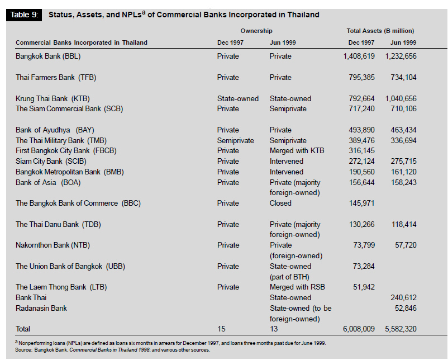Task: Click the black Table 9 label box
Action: (24, 15)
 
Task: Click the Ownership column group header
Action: (256, 31)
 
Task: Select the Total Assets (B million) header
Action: (380, 31)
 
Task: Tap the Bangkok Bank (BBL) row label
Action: (48, 56)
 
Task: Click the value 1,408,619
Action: (359, 56)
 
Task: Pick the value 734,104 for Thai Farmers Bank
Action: (403, 78)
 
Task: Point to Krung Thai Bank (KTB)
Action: (53, 99)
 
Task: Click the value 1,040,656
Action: (401, 98)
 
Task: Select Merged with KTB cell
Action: (297, 151)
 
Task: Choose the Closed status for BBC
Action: (280, 203)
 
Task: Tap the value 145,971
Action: (362, 203)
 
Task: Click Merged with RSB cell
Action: (297, 287)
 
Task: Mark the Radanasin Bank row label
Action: (41, 308)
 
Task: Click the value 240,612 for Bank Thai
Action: (403, 297)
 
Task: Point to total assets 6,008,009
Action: (359, 329)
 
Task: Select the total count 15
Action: (221, 329)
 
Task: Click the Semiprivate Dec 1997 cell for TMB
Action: (235, 141)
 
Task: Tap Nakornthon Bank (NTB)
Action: (53, 245)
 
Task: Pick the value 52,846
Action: (406, 308)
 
